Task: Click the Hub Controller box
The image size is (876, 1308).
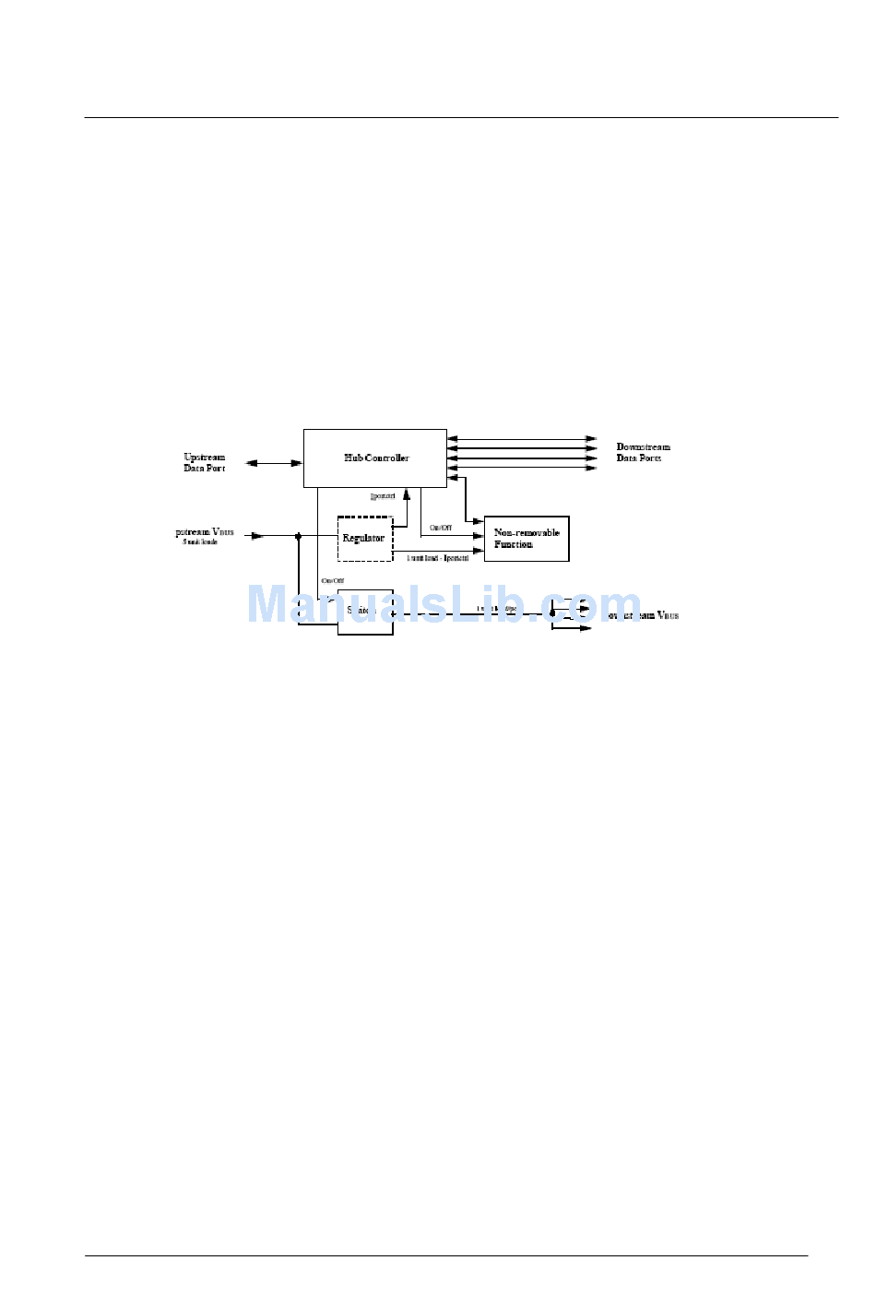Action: (375, 458)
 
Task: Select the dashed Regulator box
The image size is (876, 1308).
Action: (364, 539)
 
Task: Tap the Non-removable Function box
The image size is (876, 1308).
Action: (527, 539)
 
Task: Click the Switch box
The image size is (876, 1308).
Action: (365, 612)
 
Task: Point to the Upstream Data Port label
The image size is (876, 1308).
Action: (204, 462)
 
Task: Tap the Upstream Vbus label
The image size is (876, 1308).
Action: (205, 532)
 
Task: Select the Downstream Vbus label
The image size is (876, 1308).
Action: (645, 615)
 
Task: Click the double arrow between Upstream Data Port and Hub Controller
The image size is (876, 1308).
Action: (274, 463)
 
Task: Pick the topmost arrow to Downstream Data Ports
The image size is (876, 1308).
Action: (522, 439)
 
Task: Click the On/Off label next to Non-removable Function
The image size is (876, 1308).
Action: (441, 528)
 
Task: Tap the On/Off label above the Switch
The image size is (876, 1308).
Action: (332, 581)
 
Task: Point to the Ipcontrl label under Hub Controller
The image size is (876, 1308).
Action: (383, 496)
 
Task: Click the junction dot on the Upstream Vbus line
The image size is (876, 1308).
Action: (298, 536)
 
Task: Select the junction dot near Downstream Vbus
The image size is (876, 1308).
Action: (552, 612)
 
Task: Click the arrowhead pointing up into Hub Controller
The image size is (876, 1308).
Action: (407, 494)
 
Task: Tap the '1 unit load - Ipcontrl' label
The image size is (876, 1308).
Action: (438, 558)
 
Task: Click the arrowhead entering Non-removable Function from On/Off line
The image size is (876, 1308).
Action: (479, 535)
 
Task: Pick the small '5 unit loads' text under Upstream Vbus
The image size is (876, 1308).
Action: (200, 542)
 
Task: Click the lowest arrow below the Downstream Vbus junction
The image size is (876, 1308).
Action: (572, 628)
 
